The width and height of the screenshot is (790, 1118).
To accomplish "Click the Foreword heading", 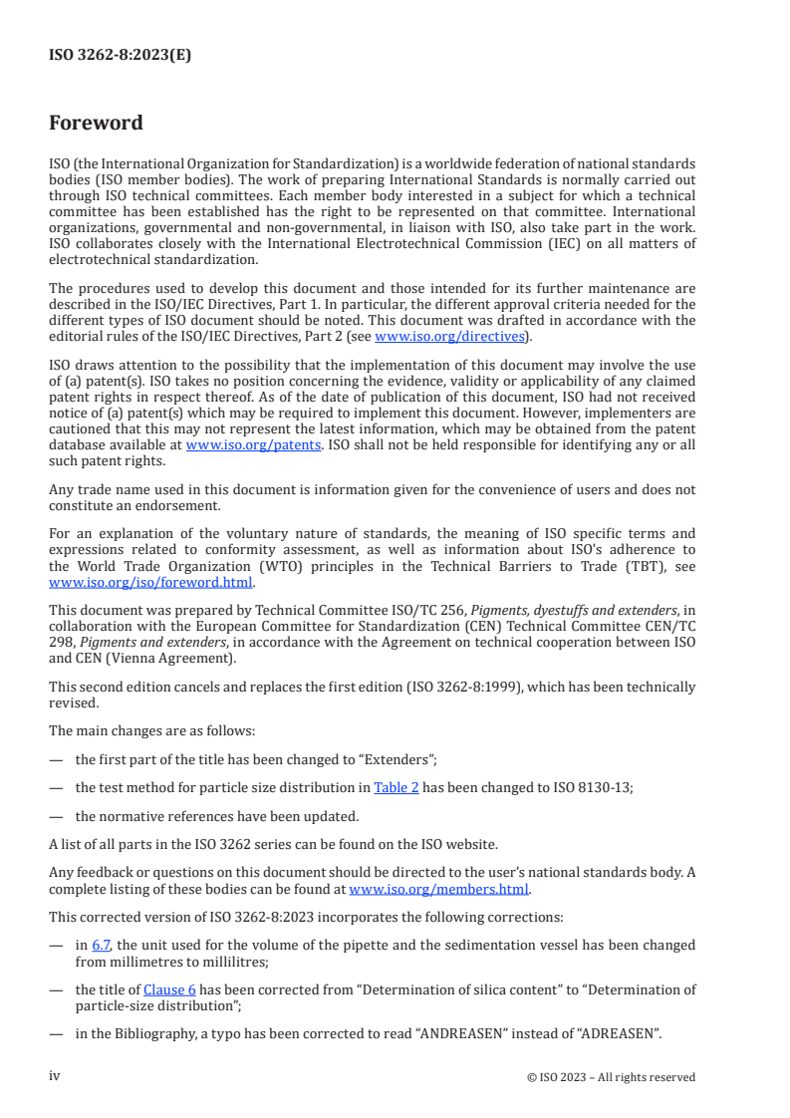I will tap(96, 124).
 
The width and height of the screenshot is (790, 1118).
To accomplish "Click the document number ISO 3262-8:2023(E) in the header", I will tap(120, 56).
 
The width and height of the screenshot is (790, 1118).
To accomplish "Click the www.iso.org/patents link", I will tap(253, 444).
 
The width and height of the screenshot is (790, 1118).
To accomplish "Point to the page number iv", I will tap(55, 1076).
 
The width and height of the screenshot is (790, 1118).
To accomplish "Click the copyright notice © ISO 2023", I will tap(611, 1077).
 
